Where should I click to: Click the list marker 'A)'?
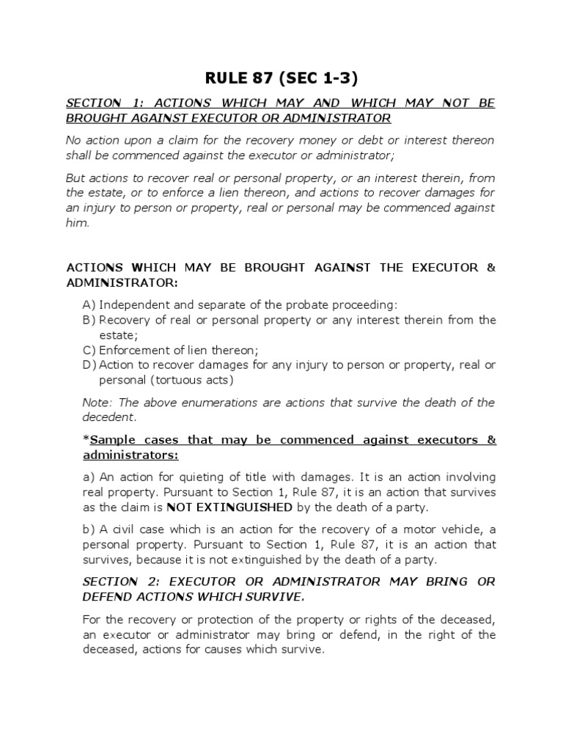coord(89,304)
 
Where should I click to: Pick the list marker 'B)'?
coord(89,320)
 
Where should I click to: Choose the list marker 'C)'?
coord(89,350)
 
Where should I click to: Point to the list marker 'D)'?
coord(89,364)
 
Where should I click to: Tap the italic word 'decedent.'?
coord(109,417)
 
